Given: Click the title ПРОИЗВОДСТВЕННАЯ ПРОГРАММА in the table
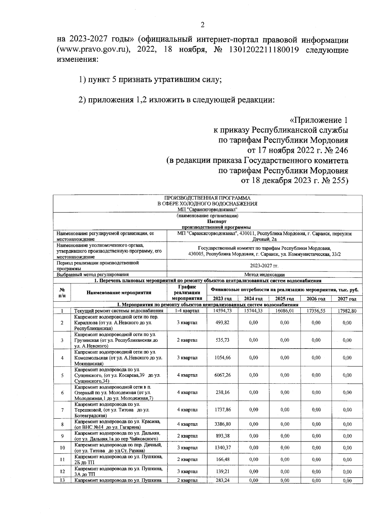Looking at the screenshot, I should (x=207, y=198).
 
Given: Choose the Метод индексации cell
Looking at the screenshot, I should (x=264, y=274).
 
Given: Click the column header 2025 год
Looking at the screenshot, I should (x=285, y=299).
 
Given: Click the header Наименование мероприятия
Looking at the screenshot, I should (x=119, y=292).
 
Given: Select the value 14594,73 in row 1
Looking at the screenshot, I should (x=222, y=311).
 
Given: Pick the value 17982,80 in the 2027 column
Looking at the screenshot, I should (x=347, y=311).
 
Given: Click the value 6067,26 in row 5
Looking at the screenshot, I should (x=222, y=375).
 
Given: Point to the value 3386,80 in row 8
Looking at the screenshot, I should (x=222, y=424).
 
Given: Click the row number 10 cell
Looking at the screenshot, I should (x=62, y=448).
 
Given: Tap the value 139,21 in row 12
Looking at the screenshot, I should (x=222, y=471).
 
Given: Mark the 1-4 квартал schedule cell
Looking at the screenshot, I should (x=187, y=311).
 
